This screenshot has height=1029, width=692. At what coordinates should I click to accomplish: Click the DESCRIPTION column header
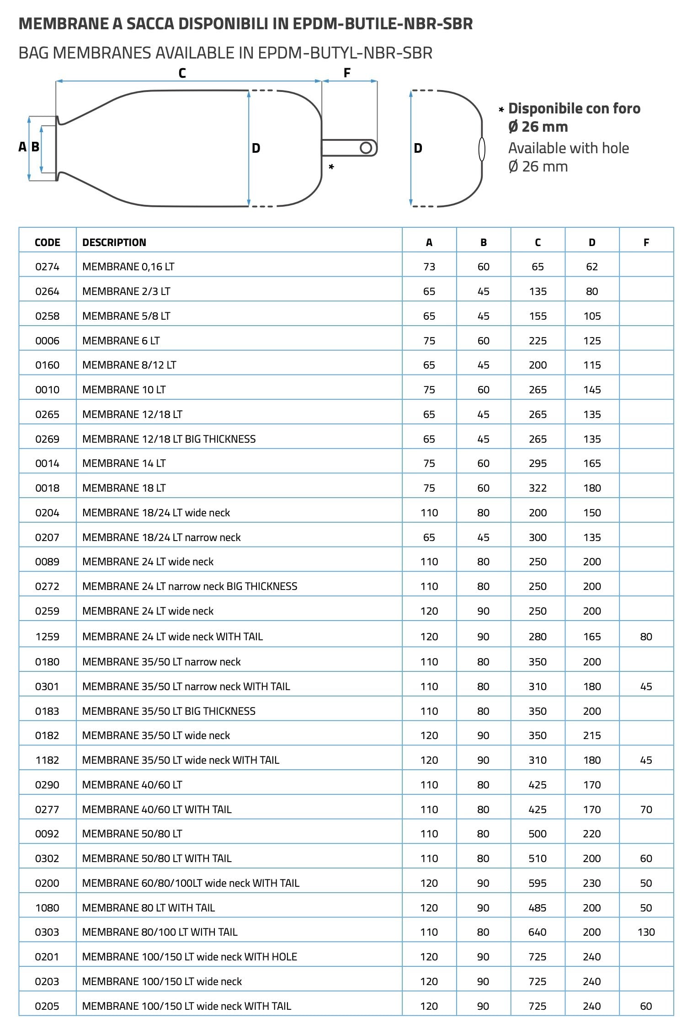click(114, 242)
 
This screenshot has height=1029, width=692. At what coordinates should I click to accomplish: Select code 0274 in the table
click(47, 267)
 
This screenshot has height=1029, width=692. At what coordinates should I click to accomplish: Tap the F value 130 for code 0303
click(646, 932)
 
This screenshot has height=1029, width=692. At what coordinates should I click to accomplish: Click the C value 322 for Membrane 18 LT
click(538, 488)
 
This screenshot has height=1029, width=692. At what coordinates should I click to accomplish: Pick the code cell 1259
click(47, 637)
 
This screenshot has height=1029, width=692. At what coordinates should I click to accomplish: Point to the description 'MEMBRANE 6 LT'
click(121, 341)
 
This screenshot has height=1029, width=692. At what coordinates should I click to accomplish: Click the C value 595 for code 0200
click(538, 883)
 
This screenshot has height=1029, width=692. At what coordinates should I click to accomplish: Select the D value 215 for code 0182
click(592, 735)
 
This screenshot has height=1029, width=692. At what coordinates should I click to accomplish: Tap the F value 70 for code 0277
click(646, 809)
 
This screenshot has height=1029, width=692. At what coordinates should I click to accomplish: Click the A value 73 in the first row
click(429, 267)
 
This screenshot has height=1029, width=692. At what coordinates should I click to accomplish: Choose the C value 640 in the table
click(538, 932)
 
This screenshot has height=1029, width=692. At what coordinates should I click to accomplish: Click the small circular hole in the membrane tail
click(366, 148)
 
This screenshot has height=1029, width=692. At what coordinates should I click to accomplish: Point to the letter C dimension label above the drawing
click(182, 73)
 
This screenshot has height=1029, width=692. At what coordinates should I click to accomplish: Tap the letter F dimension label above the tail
click(347, 73)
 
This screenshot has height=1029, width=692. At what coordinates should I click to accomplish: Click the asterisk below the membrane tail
click(331, 167)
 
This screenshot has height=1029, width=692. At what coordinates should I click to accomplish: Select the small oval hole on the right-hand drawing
click(481, 149)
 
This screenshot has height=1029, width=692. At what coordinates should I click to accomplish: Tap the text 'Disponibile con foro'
click(574, 109)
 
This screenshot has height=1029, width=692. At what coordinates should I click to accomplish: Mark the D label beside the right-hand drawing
click(418, 148)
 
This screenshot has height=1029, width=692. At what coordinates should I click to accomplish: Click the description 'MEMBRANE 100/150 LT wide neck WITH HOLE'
click(190, 957)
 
